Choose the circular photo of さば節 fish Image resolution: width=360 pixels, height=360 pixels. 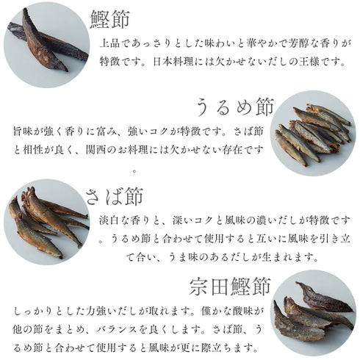(46, 220)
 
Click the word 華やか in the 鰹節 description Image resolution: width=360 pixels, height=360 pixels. (243, 43)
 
